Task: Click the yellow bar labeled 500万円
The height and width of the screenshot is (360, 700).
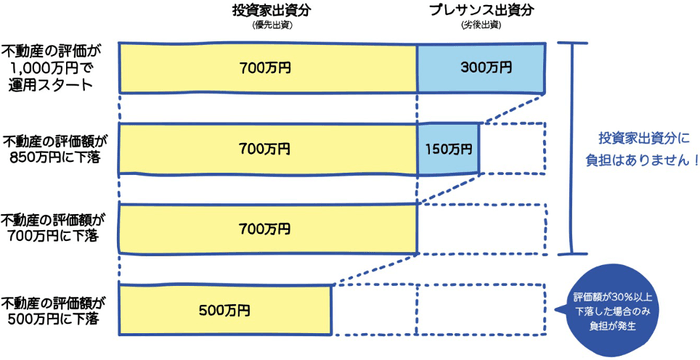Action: click(224, 309)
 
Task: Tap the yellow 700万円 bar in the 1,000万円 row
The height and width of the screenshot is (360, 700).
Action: click(267, 69)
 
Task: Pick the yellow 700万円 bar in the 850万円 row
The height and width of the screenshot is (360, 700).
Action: click(267, 148)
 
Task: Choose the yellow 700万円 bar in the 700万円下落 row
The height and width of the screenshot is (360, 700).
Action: click(267, 228)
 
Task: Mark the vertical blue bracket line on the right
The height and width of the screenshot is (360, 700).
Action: click(572, 148)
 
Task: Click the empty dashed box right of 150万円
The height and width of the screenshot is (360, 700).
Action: click(513, 148)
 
